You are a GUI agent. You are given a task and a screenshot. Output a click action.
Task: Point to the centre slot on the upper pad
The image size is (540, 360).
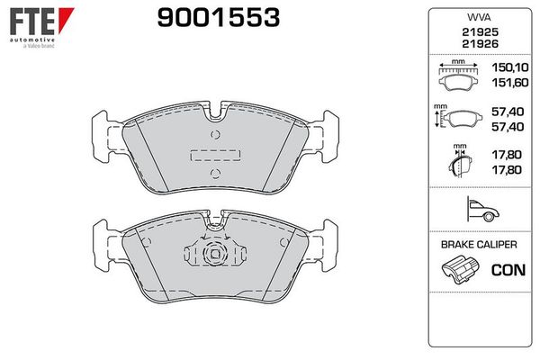point(213,154)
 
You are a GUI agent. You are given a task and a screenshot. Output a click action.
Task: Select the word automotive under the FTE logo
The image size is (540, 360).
point(31,40)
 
